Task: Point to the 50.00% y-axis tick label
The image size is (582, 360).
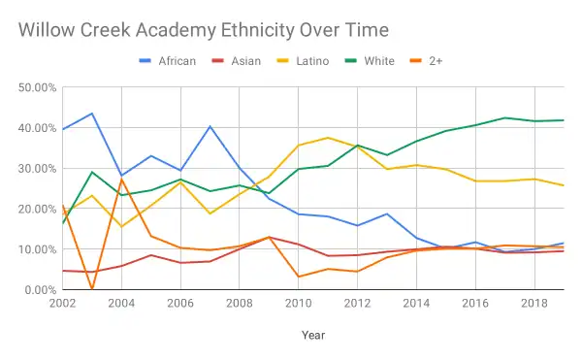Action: tap(36, 87)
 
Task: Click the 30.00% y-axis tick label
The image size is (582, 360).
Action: tap(36, 168)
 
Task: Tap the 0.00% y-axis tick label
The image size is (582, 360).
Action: tap(38, 290)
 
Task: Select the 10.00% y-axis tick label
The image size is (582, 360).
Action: tap(36, 249)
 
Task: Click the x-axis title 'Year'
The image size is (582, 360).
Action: tap(313, 335)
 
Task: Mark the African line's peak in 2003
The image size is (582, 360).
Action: tap(91, 114)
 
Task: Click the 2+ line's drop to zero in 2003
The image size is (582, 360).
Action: tap(91, 289)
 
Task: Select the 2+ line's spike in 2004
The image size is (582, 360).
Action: tap(121, 180)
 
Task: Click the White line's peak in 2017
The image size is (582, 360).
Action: tap(505, 117)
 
